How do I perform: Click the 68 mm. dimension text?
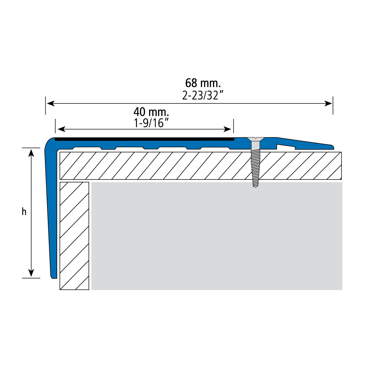(x=203, y=83)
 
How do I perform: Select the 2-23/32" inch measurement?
(x=203, y=95)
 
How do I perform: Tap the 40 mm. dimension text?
(x=151, y=112)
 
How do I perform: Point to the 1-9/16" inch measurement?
(x=151, y=123)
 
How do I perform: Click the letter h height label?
(x=24, y=212)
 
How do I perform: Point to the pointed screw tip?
(x=256, y=187)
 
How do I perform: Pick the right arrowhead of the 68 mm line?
(x=328, y=103)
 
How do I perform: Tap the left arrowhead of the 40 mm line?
(x=61, y=129)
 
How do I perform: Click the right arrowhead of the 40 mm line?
(x=227, y=129)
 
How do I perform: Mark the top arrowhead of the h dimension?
(x=31, y=153)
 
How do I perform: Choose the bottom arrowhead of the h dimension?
(x=31, y=273)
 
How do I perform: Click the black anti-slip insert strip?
(x=144, y=139)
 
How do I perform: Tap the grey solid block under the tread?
(x=217, y=236)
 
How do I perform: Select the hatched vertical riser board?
(x=74, y=236)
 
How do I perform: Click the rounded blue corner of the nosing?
(x=49, y=143)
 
